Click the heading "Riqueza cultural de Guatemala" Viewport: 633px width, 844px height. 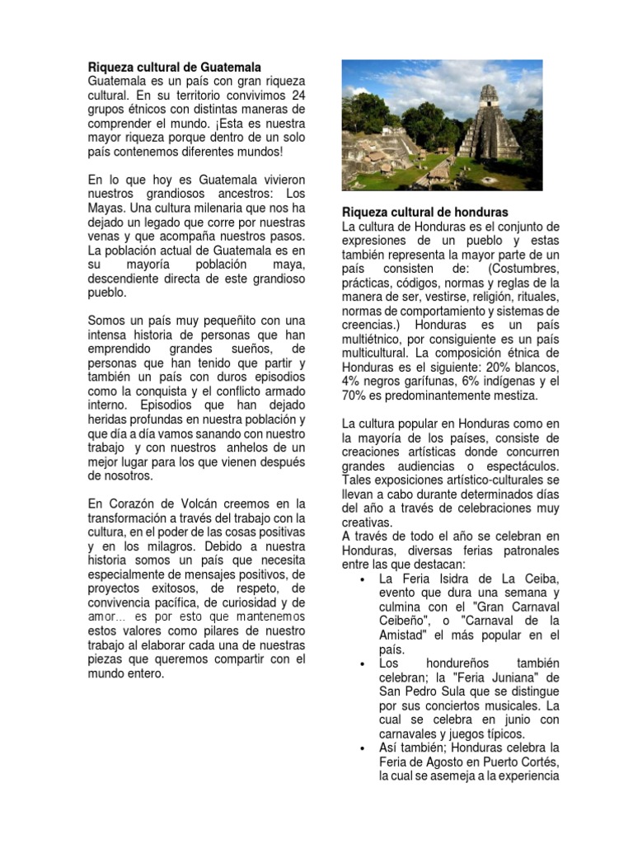tap(175, 67)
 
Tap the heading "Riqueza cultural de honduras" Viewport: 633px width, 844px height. tap(425, 212)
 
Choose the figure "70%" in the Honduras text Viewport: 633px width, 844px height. tap(354, 396)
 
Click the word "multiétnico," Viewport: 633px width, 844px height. tap(376, 340)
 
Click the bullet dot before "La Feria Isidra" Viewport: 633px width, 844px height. tap(363, 579)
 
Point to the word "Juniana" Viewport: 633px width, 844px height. tap(506, 678)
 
